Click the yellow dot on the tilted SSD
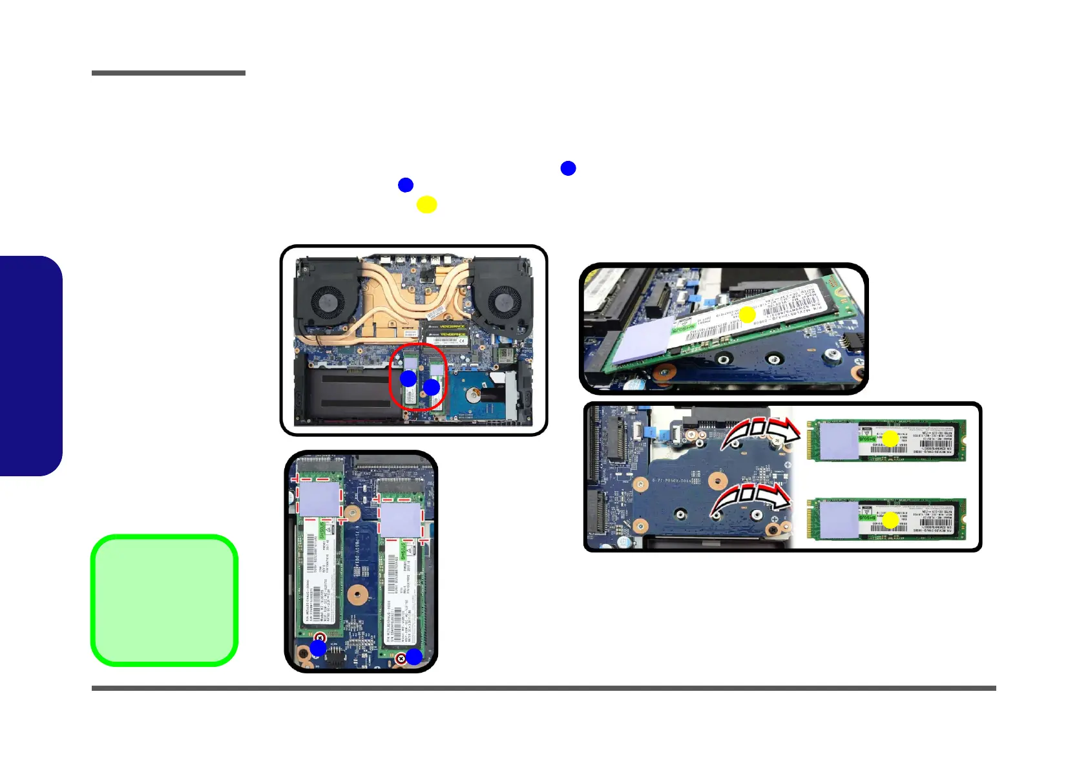pos(747,315)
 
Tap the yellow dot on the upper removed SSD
pos(890,439)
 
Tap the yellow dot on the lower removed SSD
pos(890,520)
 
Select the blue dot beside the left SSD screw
pos(318,648)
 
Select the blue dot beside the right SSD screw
pos(413,657)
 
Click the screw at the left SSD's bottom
pos(319,638)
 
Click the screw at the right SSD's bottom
pos(401,658)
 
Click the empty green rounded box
pos(164,600)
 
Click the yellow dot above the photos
pos(426,204)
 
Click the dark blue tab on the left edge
pos(30,366)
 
